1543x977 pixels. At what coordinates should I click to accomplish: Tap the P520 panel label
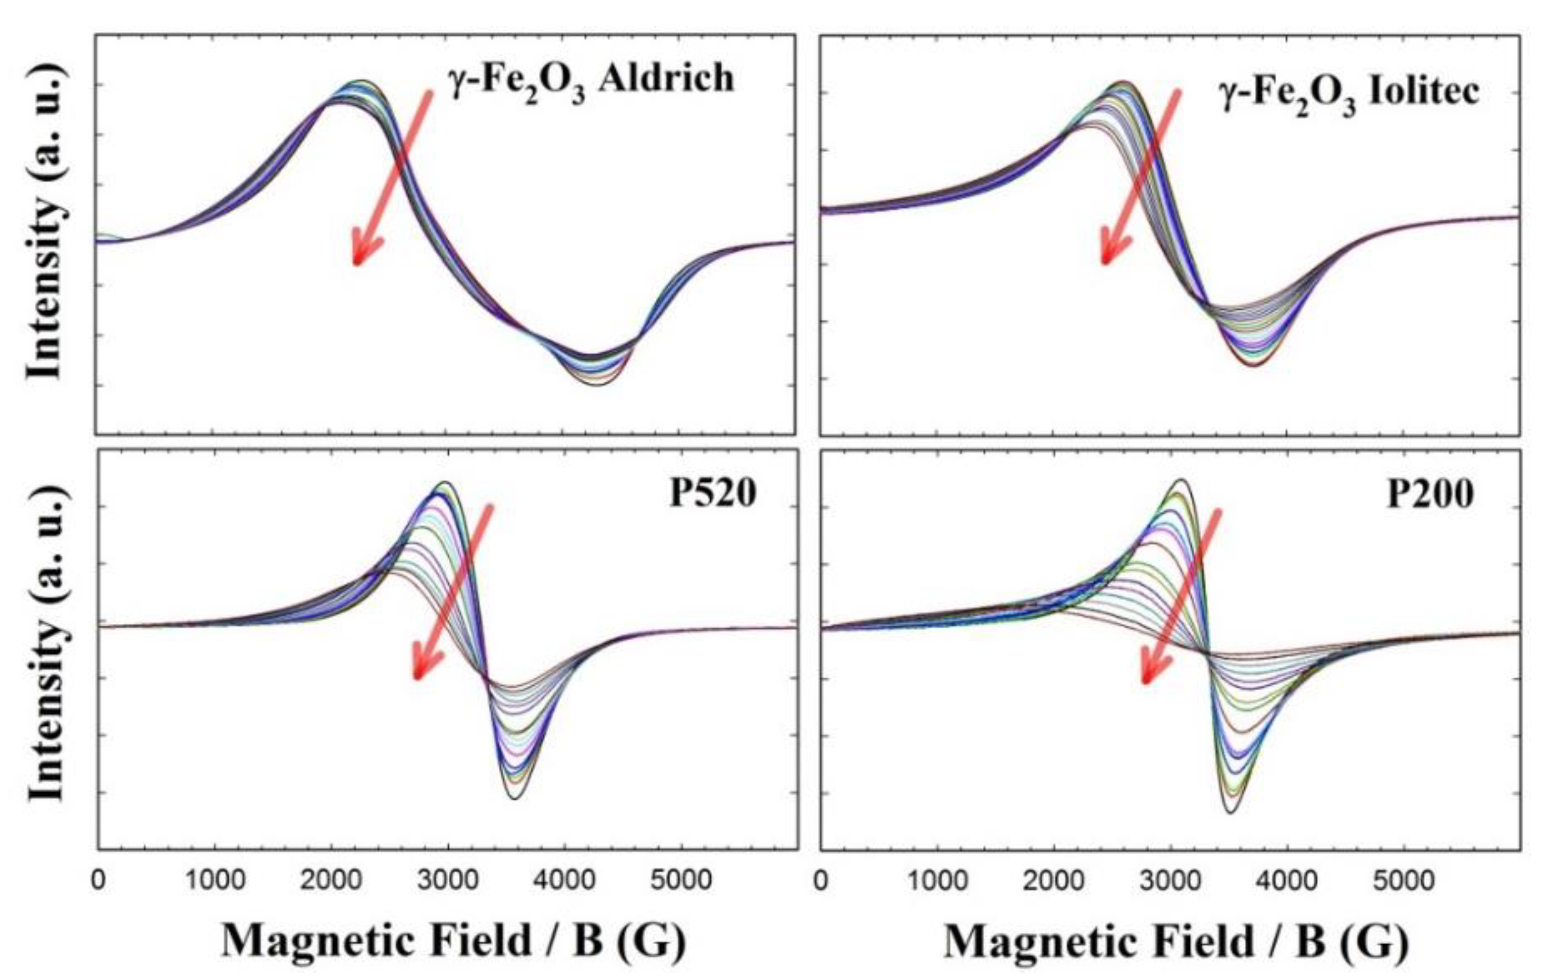pos(713,493)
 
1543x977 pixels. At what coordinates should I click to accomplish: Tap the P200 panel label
pos(1431,494)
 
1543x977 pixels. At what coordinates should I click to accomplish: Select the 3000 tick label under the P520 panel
pos(448,880)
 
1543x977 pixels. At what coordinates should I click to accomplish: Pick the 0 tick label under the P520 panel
pos(98,880)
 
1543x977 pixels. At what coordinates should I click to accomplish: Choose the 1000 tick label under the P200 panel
pos(937,880)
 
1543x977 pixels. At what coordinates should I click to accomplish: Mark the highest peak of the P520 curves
pos(446,482)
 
